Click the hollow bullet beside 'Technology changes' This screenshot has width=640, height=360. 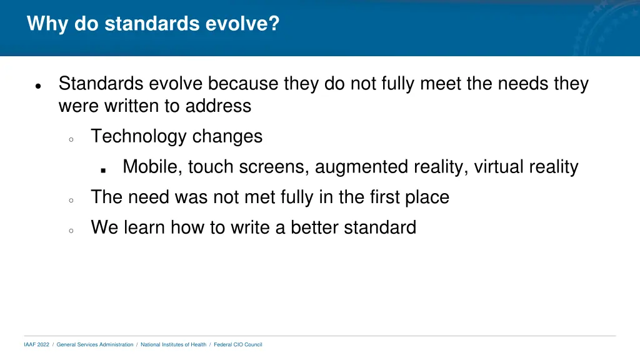pos(71,139)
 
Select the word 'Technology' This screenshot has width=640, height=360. pos(139,136)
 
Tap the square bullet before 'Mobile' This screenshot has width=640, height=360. pos(103,169)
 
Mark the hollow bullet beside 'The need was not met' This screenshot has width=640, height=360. pos(71,201)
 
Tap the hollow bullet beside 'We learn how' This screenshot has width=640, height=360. pos(71,231)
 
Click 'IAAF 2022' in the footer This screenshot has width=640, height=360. pos(36,344)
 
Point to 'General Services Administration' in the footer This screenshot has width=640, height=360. pos(95,344)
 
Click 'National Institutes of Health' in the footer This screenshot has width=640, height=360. pos(173,344)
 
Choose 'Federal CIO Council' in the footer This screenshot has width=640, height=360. pos(238,344)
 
